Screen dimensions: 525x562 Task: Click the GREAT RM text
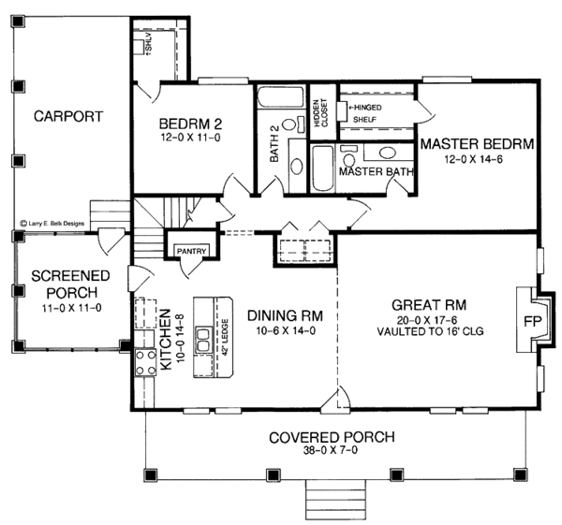click(x=430, y=305)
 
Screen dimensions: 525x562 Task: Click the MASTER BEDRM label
click(x=476, y=145)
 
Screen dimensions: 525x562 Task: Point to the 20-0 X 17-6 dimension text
click(x=430, y=319)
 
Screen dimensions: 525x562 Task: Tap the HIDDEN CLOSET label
click(x=320, y=113)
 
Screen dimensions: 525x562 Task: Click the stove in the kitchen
click(x=146, y=360)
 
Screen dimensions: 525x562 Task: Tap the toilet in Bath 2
click(x=297, y=167)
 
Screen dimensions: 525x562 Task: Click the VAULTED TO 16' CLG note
click(x=430, y=330)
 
